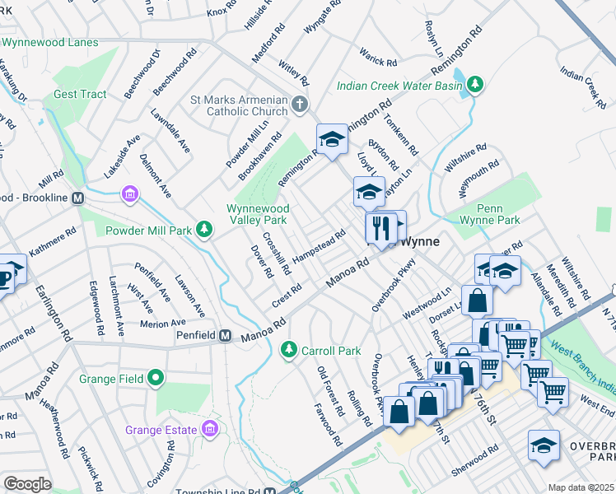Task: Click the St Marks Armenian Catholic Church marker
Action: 300,105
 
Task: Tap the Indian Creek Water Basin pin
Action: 475,84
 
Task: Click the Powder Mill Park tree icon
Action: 203,231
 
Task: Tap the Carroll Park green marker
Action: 288,350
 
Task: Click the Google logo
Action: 27,483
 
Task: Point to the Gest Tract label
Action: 80,94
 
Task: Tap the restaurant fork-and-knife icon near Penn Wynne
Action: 380,227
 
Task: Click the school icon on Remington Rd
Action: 332,138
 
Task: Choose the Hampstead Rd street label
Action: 319,245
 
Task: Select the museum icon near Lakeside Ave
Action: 129,195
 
